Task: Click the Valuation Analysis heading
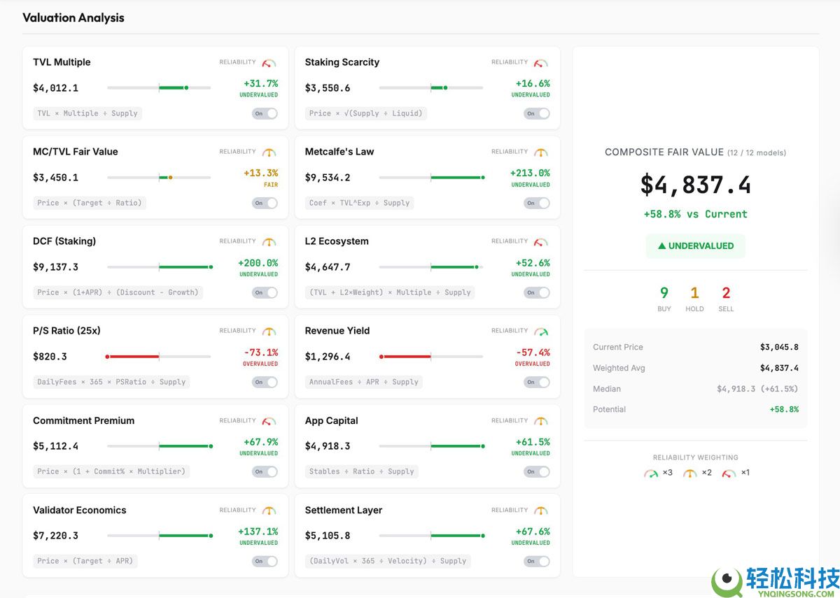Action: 73,18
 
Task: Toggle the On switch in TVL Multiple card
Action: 265,113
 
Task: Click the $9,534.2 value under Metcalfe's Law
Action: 328,178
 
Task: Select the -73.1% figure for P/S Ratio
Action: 260,353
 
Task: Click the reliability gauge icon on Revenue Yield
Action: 541,331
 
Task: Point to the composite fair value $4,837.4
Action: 695,185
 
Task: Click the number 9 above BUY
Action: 664,293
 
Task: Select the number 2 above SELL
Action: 726,293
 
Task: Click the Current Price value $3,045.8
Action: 778,347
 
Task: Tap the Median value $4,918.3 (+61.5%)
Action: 757,389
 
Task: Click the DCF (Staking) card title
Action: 64,241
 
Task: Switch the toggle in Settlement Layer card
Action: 537,561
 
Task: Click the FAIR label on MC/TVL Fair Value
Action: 270,185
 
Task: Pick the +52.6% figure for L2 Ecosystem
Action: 533,263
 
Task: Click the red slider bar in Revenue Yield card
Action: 405,357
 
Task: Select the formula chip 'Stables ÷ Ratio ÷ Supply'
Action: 362,471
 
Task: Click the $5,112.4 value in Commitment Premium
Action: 55,446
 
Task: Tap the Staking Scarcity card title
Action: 342,62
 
